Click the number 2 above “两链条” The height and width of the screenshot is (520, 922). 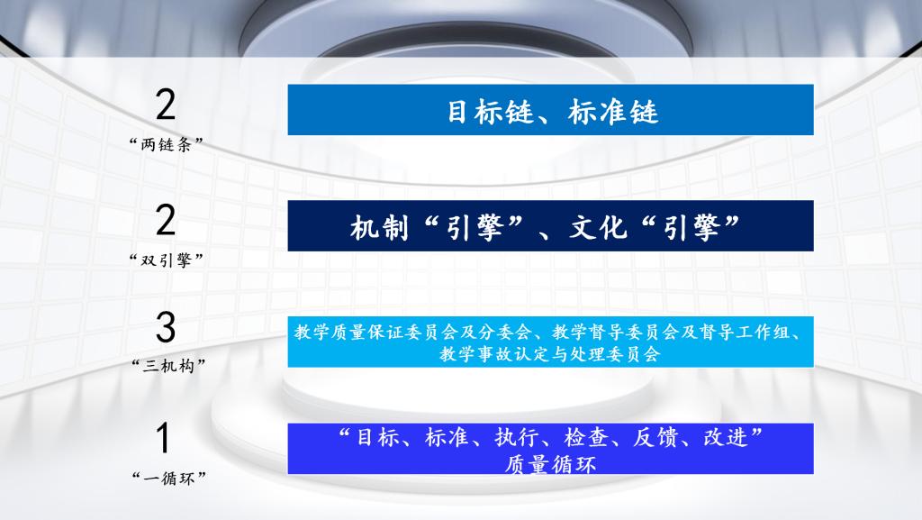[166, 105]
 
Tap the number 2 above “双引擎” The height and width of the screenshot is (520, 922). [166, 220]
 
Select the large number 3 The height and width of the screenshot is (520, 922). [166, 327]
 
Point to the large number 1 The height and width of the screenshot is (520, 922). [163, 438]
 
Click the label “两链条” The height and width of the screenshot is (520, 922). [167, 144]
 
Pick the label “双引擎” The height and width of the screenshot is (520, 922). [167, 260]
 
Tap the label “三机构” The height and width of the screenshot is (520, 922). [168, 366]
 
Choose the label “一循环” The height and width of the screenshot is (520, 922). [168, 478]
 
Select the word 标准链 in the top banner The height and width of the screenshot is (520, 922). [612, 111]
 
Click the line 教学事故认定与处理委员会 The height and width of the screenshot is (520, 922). [550, 354]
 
